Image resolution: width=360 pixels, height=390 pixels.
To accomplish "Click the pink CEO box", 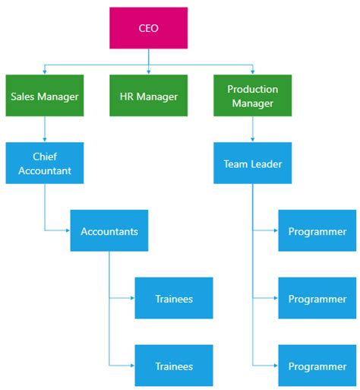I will (x=148, y=28).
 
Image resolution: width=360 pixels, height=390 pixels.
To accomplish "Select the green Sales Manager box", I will (x=44, y=96).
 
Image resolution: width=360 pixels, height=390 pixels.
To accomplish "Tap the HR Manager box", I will (x=148, y=96).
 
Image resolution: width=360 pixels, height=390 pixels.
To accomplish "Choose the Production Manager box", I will (x=252, y=96).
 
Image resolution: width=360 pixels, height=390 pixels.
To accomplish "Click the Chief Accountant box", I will (x=44, y=163).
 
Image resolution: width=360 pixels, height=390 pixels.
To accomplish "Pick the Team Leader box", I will (x=252, y=163).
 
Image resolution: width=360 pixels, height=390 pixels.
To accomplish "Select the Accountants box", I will (x=109, y=231).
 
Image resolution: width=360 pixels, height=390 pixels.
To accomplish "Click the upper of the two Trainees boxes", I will (x=174, y=298).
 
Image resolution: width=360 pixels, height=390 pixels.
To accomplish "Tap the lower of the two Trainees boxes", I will (x=174, y=366).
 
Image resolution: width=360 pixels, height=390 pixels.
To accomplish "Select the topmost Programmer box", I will (x=317, y=231).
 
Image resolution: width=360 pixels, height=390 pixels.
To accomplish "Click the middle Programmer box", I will (x=317, y=298).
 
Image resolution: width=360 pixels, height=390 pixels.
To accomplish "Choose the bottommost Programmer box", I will (x=317, y=366).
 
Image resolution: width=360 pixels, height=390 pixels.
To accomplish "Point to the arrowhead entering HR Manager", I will (x=148, y=72).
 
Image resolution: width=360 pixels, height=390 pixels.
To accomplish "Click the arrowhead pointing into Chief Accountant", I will (x=44, y=140).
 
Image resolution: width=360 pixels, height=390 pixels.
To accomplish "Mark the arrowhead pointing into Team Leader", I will (x=252, y=140).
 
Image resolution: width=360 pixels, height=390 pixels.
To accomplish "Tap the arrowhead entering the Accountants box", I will (x=68, y=230).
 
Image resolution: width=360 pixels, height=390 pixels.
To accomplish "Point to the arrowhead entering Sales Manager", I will (x=44, y=72).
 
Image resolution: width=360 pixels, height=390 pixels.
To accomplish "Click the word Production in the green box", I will (x=252, y=89).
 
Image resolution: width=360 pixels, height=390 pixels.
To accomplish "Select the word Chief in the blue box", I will (x=44, y=157).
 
